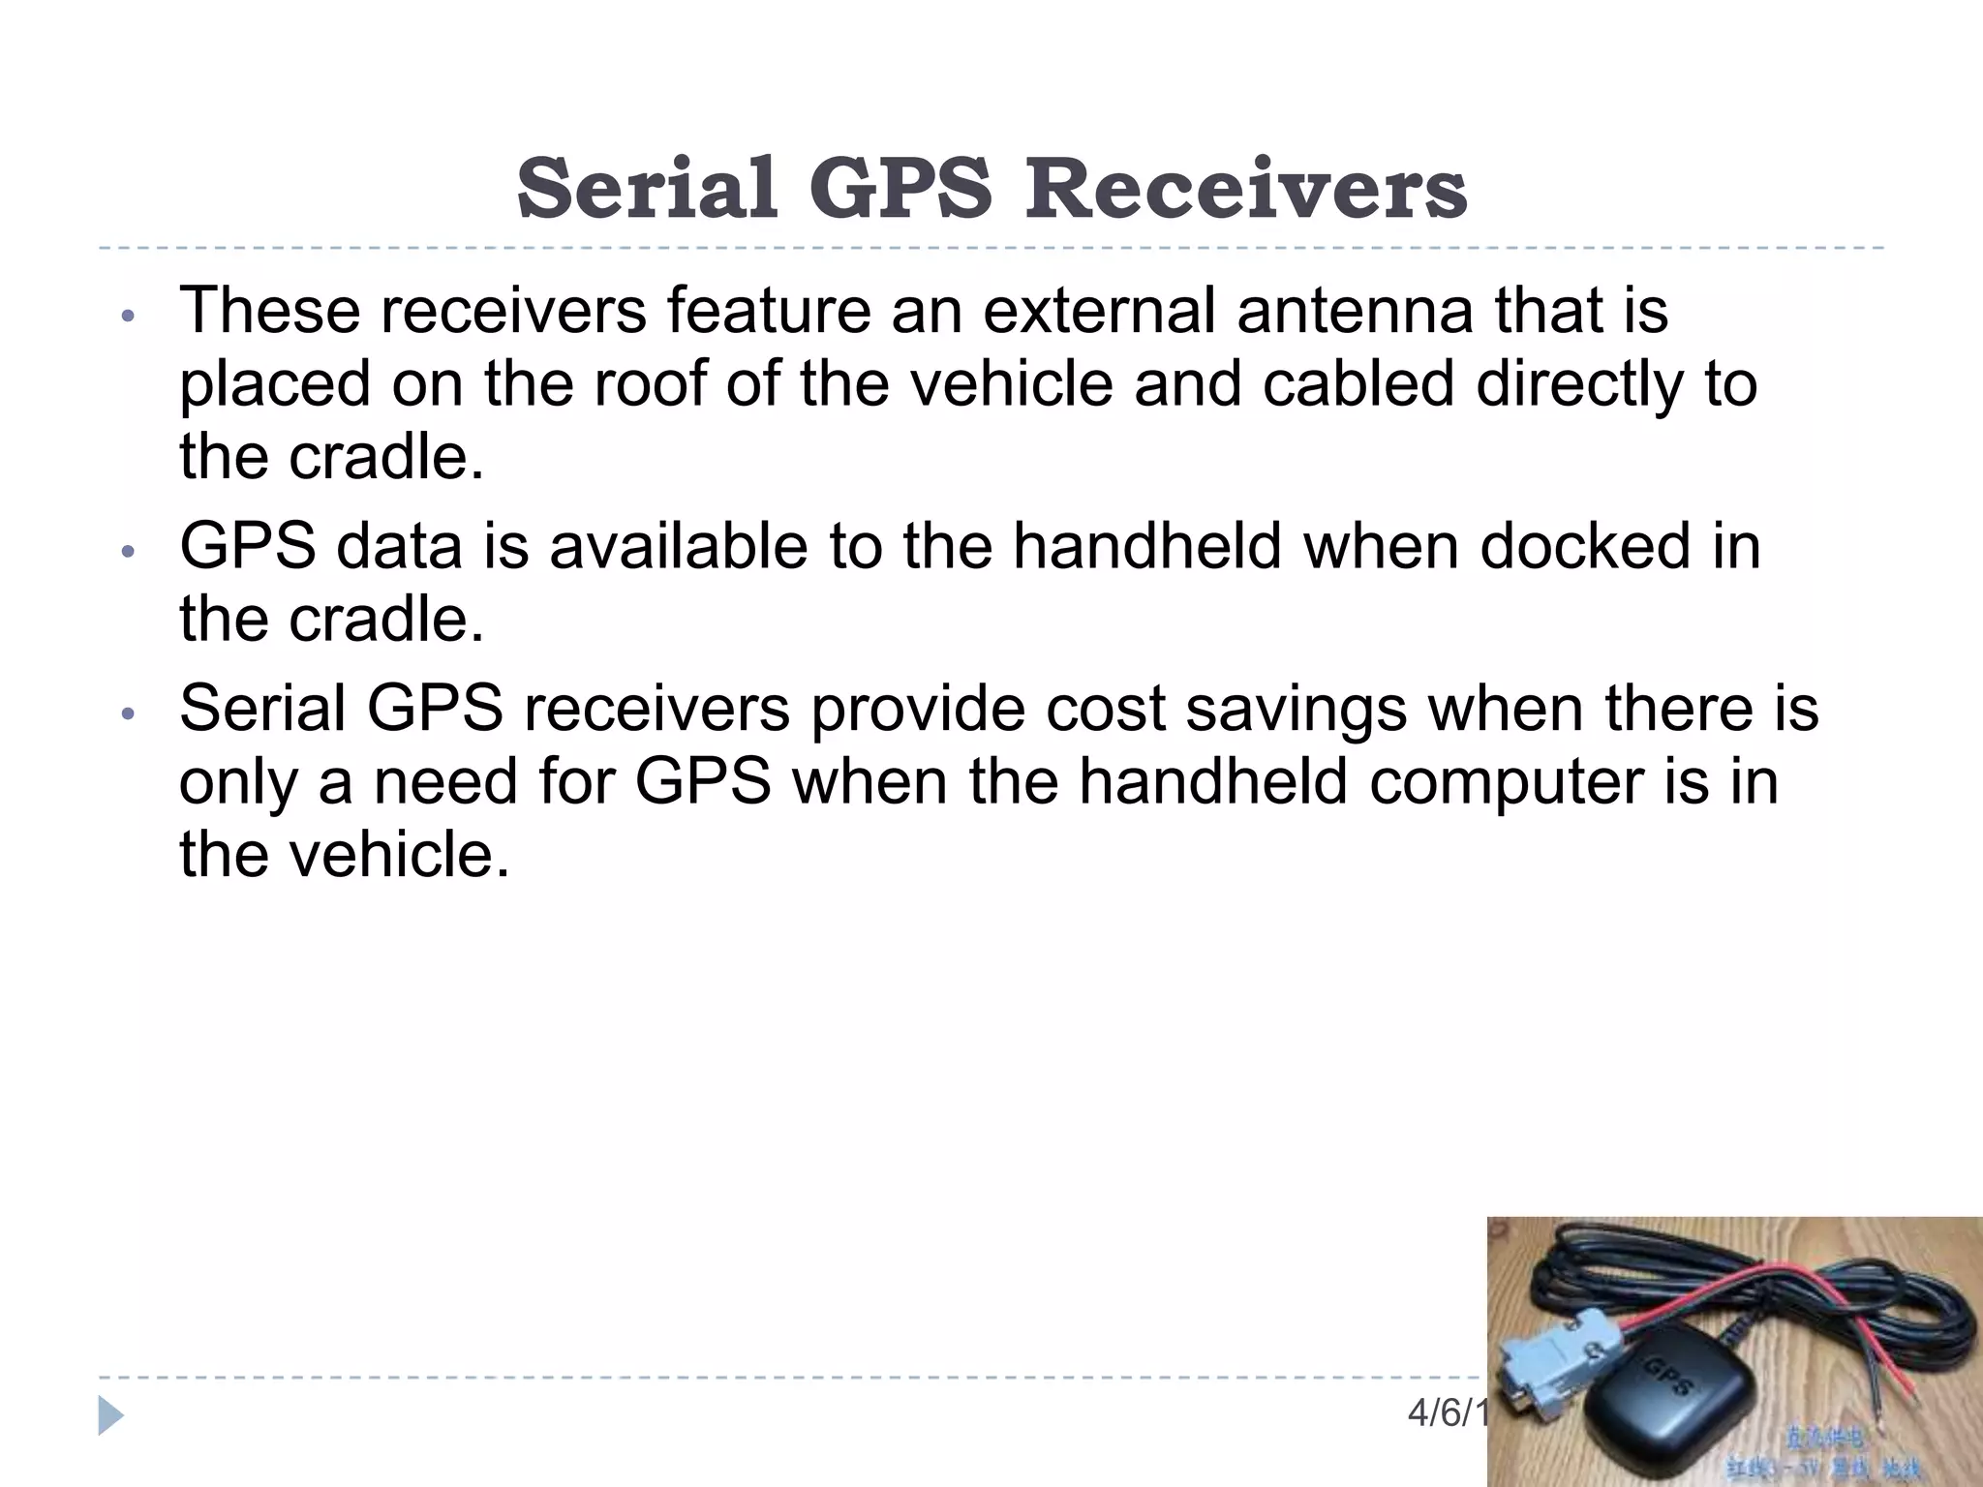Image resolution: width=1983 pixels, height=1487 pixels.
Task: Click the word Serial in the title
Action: [x=647, y=188]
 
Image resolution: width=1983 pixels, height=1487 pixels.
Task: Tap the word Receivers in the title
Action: [x=1246, y=188]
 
